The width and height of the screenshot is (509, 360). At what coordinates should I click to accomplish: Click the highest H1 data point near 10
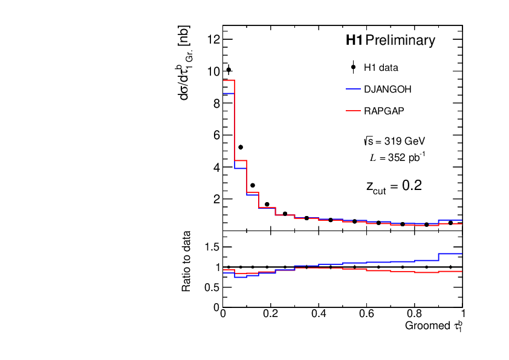(x=229, y=70)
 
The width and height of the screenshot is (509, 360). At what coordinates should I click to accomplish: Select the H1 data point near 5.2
(x=241, y=147)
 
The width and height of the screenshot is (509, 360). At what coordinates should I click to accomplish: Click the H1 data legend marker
(x=352, y=68)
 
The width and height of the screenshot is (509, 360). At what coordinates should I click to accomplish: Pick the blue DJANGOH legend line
(x=352, y=90)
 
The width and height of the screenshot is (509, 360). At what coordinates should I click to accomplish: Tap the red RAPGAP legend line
(x=352, y=111)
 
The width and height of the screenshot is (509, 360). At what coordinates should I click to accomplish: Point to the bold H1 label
(x=354, y=41)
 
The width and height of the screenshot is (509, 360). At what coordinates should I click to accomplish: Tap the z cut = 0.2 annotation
(x=394, y=186)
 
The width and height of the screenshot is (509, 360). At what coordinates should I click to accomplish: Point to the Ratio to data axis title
(x=187, y=261)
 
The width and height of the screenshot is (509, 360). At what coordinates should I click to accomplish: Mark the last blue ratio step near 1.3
(x=450, y=254)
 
